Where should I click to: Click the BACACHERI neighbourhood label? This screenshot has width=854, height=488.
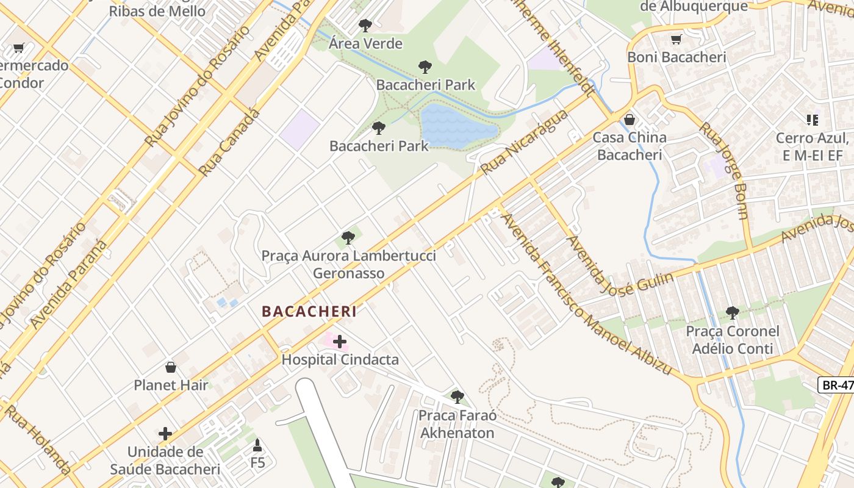coord(309,311)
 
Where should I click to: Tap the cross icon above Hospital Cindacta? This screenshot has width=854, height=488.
coord(340,342)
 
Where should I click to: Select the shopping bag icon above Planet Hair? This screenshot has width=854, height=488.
coord(171,367)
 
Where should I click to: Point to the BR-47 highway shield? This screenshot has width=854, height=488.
coord(836,385)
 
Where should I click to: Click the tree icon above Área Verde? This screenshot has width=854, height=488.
coord(365,26)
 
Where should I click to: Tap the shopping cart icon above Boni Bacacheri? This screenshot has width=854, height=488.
coord(676,40)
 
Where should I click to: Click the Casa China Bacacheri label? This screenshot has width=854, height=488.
coord(630,146)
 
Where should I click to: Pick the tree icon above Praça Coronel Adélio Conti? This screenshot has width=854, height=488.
coord(732,314)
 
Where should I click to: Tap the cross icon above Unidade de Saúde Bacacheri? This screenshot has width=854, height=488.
coord(165,434)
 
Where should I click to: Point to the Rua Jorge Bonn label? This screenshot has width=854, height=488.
coord(724,171)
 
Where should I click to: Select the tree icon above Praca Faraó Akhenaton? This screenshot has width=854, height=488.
coord(457,397)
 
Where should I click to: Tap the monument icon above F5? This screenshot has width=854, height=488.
coord(257,445)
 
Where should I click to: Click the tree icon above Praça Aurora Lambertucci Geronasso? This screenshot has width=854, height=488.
coord(348,238)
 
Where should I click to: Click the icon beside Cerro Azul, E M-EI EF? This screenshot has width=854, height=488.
coord(812,120)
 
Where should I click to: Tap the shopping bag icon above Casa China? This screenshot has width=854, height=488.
coord(630,120)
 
